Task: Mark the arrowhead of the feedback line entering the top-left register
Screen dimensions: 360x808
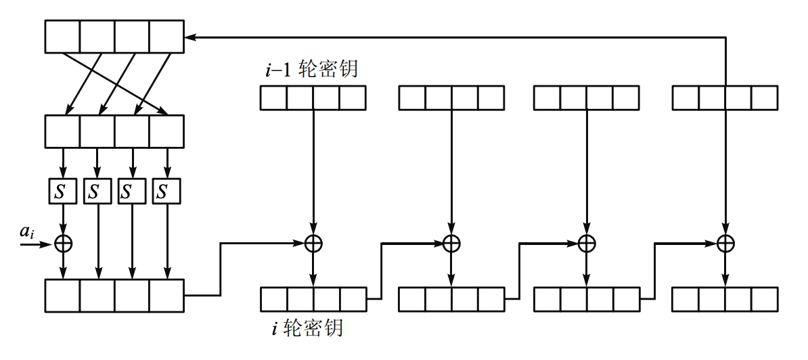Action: click(x=189, y=37)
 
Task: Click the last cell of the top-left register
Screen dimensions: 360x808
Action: click(x=166, y=37)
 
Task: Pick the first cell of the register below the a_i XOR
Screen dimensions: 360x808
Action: click(x=62, y=295)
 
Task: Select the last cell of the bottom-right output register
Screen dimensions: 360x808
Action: click(x=764, y=298)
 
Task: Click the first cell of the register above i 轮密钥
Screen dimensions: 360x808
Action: click(x=273, y=298)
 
